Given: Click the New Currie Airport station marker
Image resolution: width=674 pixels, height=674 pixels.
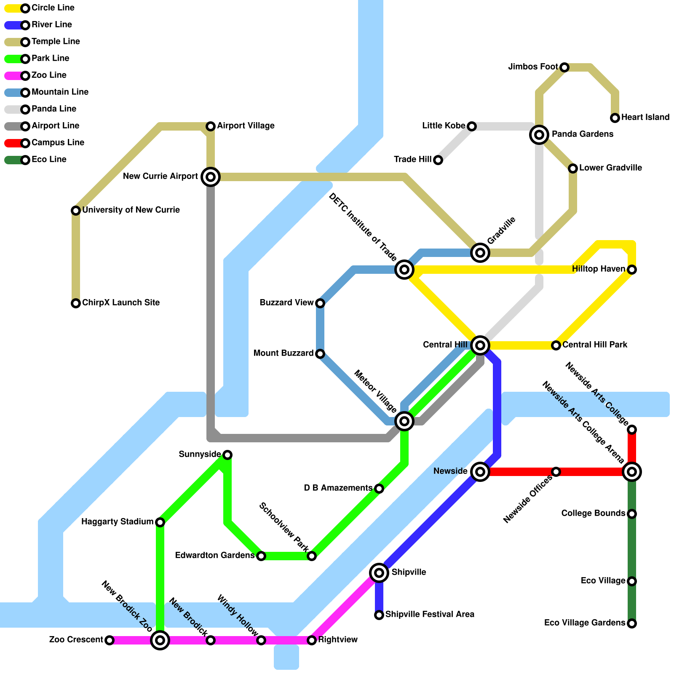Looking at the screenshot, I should [x=211, y=177].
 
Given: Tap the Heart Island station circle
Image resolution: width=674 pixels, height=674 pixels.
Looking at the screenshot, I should [x=615, y=118].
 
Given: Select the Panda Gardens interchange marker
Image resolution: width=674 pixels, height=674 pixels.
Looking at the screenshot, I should [x=539, y=135].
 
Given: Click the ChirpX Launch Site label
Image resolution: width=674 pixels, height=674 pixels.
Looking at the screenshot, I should [x=121, y=303].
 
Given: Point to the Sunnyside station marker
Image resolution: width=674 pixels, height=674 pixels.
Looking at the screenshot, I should [x=227, y=455].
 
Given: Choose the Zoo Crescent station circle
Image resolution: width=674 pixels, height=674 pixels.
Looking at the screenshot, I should [x=110, y=640].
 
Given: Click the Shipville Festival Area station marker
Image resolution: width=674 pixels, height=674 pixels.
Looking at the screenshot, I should [x=379, y=615].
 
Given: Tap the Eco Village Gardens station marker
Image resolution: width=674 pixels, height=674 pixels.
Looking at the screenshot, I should [x=632, y=623].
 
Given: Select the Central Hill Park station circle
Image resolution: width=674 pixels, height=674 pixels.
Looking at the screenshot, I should [x=556, y=345].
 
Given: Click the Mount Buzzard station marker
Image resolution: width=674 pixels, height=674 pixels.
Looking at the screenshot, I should [x=320, y=354].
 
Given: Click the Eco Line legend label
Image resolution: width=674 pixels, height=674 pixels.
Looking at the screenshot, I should [x=49, y=160].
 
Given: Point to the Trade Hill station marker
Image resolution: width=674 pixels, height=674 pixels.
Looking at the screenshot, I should [x=438, y=160].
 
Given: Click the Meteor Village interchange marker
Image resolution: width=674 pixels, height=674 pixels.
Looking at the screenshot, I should [x=404, y=421].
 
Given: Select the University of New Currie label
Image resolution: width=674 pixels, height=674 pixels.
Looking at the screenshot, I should [x=131, y=210].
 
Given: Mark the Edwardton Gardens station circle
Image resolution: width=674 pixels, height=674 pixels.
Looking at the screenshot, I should [x=261, y=556].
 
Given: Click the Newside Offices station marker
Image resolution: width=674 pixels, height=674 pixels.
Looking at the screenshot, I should [x=556, y=472].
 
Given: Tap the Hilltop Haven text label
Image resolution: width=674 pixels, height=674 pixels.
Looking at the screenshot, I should [x=599, y=269].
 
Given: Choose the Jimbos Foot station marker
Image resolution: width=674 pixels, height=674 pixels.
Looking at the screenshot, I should [x=564, y=67].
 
